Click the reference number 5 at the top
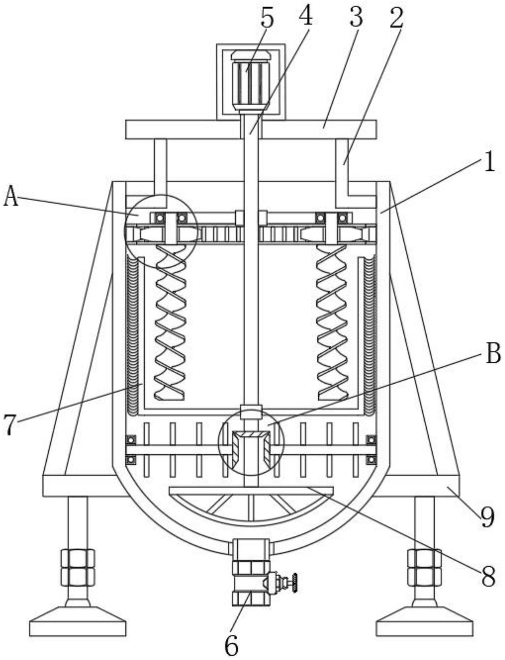pos(267,19)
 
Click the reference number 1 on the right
pos(490,163)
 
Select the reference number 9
pos(487,517)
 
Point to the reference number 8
pos(488,576)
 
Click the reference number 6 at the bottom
pos(231,646)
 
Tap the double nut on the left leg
pos(78,567)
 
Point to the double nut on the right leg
pos(424,567)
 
